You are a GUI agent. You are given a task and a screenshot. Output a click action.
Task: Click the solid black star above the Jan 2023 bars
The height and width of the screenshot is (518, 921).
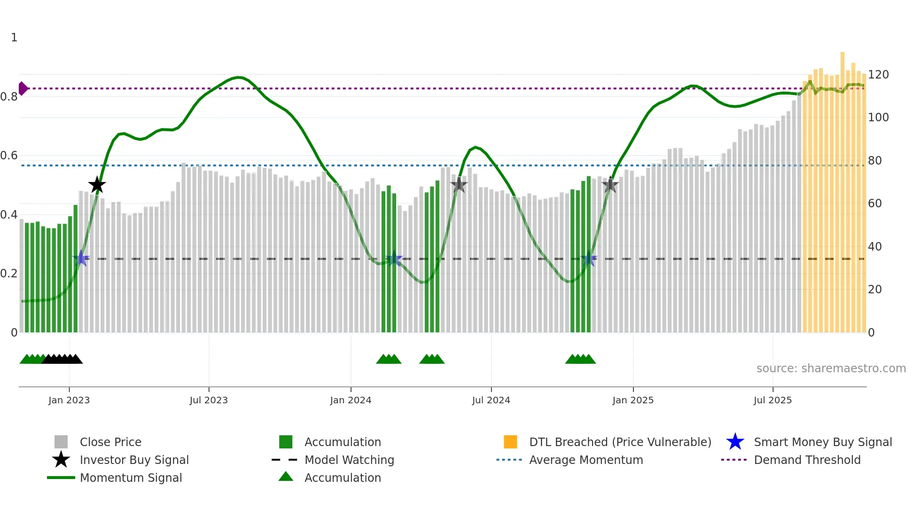(x=97, y=185)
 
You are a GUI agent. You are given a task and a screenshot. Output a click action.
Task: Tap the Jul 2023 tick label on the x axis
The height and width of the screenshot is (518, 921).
(x=209, y=400)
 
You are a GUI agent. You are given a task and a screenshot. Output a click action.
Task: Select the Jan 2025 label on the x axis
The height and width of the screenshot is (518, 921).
(x=633, y=400)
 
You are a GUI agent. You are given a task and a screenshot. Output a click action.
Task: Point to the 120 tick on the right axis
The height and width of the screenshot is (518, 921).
(x=878, y=75)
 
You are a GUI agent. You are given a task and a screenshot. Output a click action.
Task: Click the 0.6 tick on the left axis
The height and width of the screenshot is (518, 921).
(x=9, y=156)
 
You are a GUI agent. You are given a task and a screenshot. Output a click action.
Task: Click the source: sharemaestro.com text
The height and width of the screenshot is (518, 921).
(x=831, y=369)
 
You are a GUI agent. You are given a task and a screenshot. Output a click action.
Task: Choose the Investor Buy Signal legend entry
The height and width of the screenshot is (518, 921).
(x=134, y=460)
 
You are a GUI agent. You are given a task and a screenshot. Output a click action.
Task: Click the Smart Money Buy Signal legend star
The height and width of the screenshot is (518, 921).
(x=735, y=442)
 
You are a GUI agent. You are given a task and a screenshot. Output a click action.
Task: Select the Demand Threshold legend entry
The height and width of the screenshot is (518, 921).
(x=807, y=460)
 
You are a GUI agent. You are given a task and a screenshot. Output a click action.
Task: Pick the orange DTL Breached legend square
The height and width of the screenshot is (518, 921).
(x=510, y=442)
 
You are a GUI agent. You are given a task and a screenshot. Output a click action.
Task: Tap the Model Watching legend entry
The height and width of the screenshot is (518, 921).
(x=349, y=460)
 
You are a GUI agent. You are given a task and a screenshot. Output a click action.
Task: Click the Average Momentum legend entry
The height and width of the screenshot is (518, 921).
(x=586, y=460)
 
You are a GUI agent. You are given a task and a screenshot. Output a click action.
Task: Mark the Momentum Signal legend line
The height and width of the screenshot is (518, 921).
(x=61, y=478)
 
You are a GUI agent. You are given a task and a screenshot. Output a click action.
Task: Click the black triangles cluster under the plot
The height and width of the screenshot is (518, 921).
(x=62, y=359)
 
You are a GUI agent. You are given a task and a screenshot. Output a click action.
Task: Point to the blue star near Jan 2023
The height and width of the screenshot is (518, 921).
(x=81, y=259)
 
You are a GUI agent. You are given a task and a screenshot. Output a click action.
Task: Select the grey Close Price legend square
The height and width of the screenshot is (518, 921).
(x=61, y=442)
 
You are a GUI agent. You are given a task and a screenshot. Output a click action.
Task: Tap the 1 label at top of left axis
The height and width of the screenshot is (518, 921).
(x=14, y=38)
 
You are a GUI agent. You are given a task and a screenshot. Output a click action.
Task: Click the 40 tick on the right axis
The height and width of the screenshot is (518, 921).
(x=874, y=247)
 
